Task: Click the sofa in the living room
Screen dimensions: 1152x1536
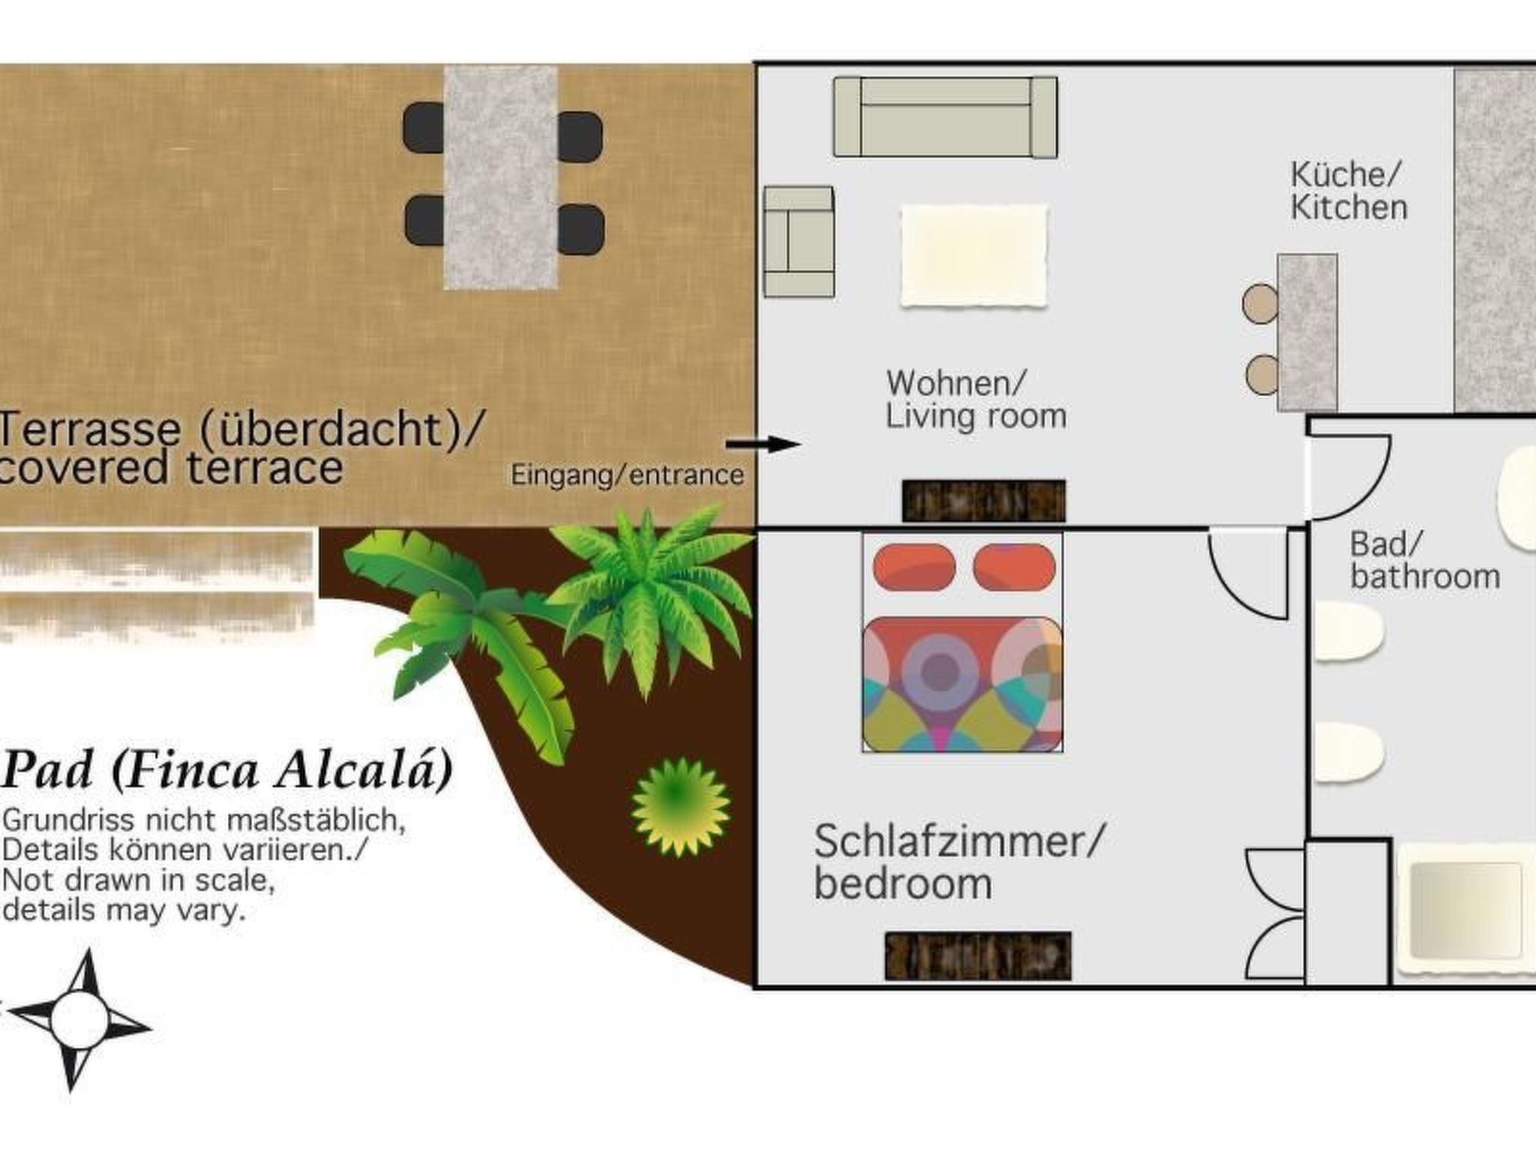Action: (945, 117)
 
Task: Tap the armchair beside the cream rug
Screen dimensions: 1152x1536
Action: (799, 241)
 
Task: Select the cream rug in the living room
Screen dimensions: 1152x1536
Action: (973, 255)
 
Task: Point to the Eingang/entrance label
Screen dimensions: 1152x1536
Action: (627, 475)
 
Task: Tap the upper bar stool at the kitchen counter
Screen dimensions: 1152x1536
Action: (1260, 303)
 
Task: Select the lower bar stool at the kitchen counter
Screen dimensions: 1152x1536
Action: (1262, 374)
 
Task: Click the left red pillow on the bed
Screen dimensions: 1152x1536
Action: (913, 567)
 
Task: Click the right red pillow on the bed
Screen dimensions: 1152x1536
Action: (1014, 567)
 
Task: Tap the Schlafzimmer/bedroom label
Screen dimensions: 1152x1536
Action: (958, 862)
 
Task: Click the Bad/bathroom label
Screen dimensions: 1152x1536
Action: (1423, 560)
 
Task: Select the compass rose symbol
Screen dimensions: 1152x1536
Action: (79, 1019)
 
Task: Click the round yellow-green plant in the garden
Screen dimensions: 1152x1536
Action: (680, 807)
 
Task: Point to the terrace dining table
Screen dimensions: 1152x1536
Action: (500, 177)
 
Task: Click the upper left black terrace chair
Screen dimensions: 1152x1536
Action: (424, 128)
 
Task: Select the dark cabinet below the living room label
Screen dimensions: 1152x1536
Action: (983, 500)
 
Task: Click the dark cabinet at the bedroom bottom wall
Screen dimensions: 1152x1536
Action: (977, 956)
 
